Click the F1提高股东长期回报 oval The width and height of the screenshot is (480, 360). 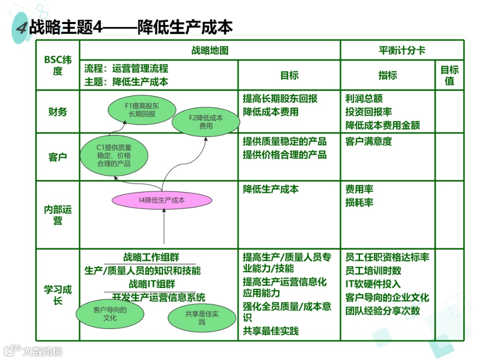(142, 110)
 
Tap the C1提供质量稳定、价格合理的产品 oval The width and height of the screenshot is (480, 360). (114, 155)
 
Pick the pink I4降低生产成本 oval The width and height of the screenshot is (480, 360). (162, 200)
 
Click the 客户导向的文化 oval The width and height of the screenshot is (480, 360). (110, 314)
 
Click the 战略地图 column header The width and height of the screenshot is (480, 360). (210, 50)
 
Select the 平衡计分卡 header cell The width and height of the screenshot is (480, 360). (402, 50)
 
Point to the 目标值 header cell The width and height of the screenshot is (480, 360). (449, 75)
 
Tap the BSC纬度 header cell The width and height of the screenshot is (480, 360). (58, 65)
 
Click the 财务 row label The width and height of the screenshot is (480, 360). (58, 112)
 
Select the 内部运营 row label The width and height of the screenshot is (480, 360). (58, 215)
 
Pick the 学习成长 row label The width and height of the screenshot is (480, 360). (58, 295)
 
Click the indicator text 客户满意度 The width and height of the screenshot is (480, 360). (368, 142)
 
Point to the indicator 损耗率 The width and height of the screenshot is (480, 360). (359, 203)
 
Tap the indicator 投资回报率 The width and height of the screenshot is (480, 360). (368, 112)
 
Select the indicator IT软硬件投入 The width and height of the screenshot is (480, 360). (373, 284)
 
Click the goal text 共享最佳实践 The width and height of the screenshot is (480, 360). (271, 331)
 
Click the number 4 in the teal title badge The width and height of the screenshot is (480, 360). (21, 28)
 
